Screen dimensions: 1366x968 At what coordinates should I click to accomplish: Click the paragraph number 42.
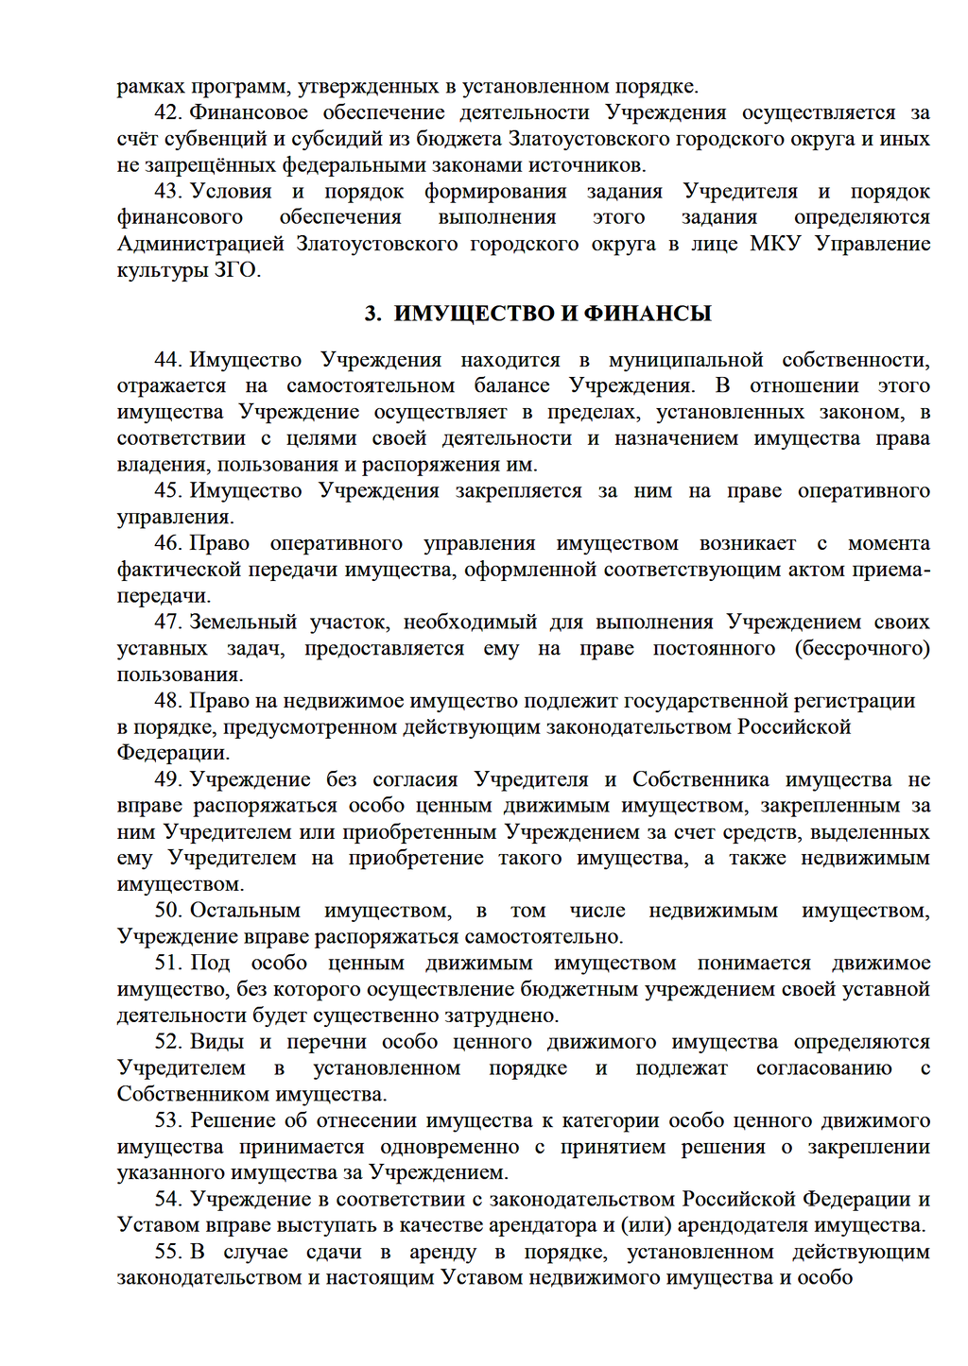click(x=167, y=112)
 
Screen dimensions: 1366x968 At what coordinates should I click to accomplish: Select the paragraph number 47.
click(x=167, y=622)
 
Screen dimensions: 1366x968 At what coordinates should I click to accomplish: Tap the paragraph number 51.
click(x=167, y=963)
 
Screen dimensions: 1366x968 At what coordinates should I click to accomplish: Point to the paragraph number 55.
click(x=167, y=1252)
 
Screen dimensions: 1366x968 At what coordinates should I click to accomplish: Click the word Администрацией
click(x=200, y=244)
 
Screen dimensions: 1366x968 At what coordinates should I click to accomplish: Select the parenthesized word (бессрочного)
click(x=862, y=648)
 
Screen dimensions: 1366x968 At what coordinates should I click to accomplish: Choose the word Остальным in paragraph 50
click(x=245, y=911)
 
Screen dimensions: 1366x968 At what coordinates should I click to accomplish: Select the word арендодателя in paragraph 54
click(x=736, y=1225)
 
